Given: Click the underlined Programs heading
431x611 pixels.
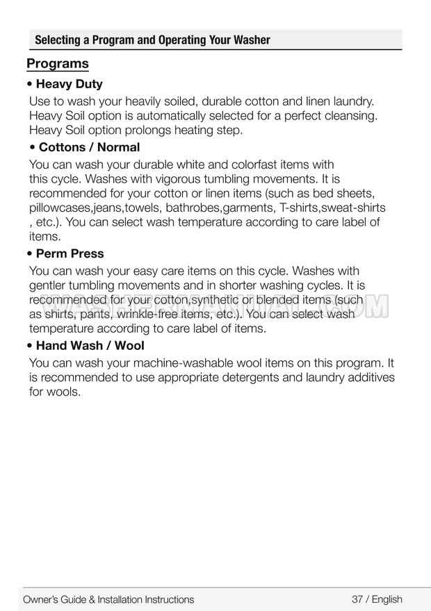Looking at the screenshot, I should click(x=58, y=64).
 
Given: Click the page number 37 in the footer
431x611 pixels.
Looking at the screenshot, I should click(x=358, y=599).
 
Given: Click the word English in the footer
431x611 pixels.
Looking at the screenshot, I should click(x=387, y=599).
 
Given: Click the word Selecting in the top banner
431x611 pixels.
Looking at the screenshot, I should click(x=57, y=40).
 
